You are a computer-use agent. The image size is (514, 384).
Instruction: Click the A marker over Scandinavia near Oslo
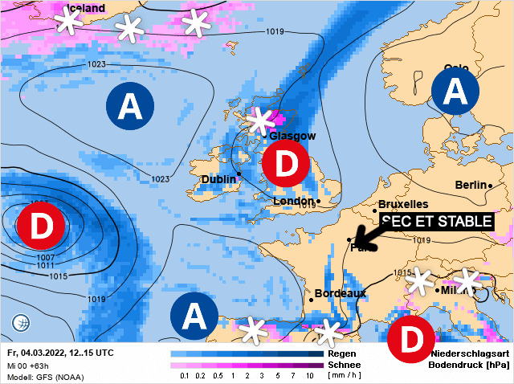455,92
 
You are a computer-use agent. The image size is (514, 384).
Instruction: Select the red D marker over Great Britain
285,164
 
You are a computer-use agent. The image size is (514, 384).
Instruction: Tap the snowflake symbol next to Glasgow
259,121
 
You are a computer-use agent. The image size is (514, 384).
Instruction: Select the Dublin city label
218,179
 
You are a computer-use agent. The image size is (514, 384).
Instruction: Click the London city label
293,201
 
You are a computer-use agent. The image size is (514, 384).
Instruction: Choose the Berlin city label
471,185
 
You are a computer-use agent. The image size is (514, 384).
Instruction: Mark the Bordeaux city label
340,293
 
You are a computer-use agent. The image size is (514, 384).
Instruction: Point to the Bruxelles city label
403,204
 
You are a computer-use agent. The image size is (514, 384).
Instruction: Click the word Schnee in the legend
343,364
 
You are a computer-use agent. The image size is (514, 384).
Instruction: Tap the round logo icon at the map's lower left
21,324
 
